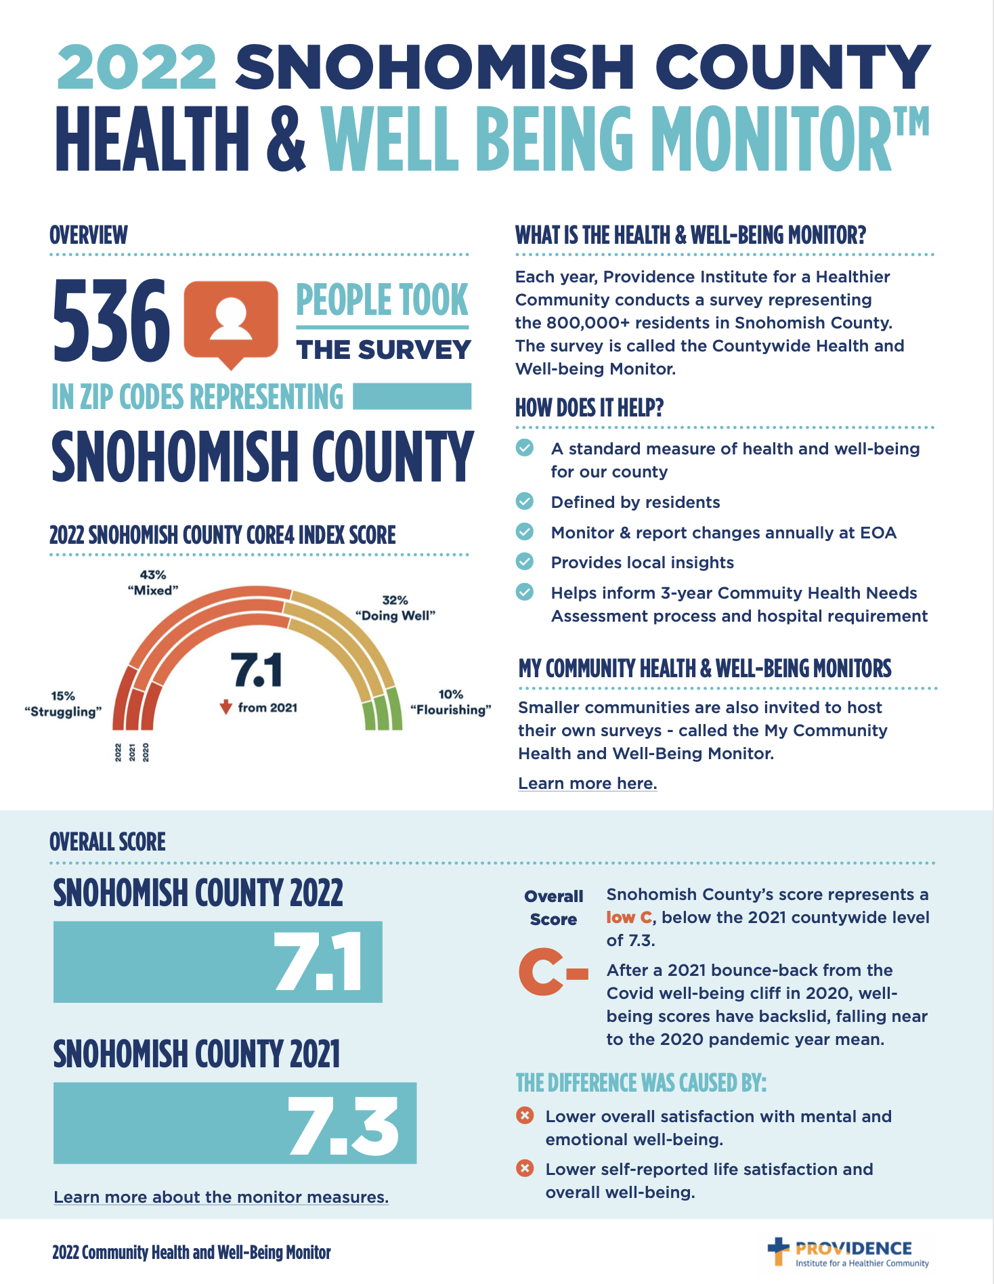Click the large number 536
[111, 320]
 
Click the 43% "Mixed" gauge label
[153, 582]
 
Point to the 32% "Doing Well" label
[395, 607]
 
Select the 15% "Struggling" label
[63, 704]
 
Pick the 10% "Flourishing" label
[451, 702]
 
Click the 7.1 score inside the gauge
[257, 670]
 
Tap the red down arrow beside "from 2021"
[226, 708]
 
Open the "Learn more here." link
[587, 784]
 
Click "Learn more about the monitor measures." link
[221, 1197]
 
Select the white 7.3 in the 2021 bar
[343, 1125]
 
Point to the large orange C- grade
[553, 972]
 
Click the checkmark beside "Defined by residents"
[525, 502]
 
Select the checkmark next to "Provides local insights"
[525, 562]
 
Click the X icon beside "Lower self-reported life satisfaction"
[525, 1168]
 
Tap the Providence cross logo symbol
[779, 1251]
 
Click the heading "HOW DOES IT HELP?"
[589, 408]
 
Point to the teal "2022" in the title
[137, 67]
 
